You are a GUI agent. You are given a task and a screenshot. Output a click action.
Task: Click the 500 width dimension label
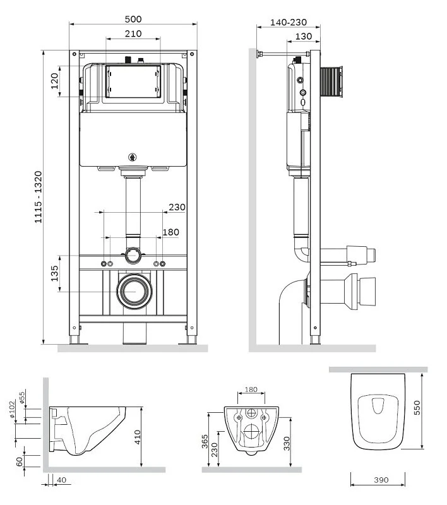(133, 19)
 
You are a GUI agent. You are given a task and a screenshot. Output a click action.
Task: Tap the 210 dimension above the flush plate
(133, 33)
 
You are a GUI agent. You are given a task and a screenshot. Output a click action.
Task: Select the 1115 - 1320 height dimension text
(39, 197)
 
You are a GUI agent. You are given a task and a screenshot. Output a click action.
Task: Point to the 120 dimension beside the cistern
(54, 81)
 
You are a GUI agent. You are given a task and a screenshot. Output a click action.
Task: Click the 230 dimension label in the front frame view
(177, 207)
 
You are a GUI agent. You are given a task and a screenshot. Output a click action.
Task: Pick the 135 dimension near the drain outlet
(54, 273)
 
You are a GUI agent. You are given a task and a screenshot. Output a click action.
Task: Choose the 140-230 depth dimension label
(289, 22)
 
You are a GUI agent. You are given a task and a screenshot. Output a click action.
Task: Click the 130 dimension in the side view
(304, 37)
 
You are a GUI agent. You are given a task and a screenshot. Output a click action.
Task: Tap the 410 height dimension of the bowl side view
(137, 437)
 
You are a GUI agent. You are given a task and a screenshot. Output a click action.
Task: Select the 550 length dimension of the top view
(417, 407)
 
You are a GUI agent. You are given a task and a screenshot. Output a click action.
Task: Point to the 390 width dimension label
(381, 480)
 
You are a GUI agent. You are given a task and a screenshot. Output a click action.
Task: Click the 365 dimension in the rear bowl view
(205, 441)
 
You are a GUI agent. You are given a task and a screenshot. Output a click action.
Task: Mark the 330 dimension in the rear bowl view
(287, 443)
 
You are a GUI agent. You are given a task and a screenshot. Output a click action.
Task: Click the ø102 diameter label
(12, 409)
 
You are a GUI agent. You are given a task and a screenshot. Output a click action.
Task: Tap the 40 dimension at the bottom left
(61, 480)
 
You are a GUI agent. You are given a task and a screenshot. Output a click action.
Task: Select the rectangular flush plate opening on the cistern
(133, 81)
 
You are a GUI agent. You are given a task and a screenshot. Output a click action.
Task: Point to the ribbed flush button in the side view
(331, 81)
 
